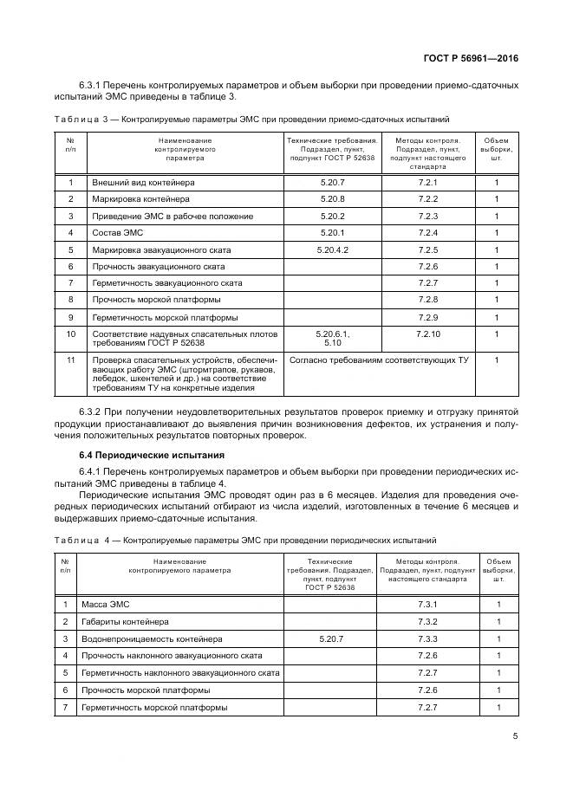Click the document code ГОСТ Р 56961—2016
coord(476,59)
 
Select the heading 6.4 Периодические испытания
coord(151,455)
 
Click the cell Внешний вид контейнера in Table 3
coord(143,183)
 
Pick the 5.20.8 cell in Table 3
coord(332,199)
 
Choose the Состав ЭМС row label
coord(118,233)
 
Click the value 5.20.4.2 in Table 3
coord(332,249)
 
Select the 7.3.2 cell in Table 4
coord(428,621)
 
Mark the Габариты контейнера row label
coord(125,621)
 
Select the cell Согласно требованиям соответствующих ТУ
coord(378,359)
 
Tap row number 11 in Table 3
coord(70,359)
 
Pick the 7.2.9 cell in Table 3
coord(428,317)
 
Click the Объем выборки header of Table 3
coord(496,149)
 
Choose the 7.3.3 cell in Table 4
coord(428,638)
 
